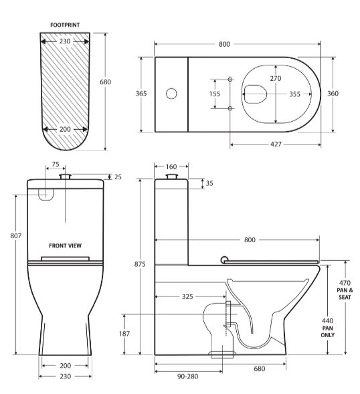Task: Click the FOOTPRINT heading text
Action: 65,25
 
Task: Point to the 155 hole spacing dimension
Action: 214,94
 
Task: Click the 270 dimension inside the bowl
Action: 275,79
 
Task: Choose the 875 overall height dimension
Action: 139,265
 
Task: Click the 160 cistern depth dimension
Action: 171,167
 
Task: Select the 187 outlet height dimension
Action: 125,333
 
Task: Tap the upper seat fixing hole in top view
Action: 230,80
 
